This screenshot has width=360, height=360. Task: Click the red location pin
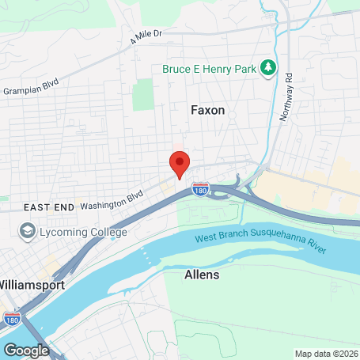(x=180, y=163)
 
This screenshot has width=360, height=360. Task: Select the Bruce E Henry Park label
(x=210, y=70)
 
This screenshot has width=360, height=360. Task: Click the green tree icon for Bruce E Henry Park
(x=269, y=69)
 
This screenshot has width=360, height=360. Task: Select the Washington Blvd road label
(x=111, y=199)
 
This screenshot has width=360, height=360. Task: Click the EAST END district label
(x=49, y=207)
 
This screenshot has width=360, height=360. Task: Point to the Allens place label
(x=201, y=275)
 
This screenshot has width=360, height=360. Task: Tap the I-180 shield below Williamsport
(x=12, y=318)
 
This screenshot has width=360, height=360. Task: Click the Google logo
(x=26, y=350)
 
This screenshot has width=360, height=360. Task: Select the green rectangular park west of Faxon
(x=142, y=94)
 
